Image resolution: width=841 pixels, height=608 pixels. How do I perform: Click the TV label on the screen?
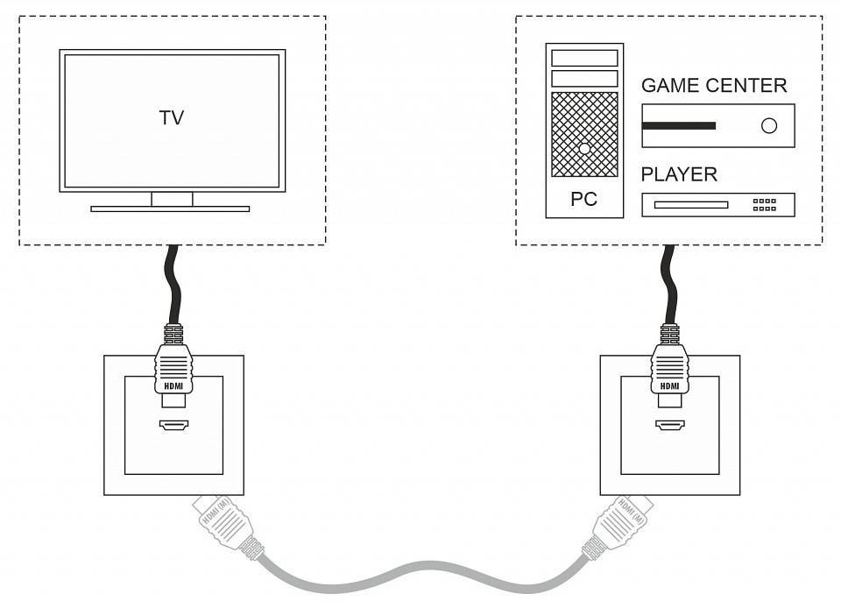tap(172, 117)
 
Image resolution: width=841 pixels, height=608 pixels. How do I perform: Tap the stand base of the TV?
tap(170, 209)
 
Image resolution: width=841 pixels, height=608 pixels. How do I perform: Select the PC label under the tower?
tap(583, 200)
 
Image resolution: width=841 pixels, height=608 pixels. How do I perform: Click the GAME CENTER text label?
tap(714, 85)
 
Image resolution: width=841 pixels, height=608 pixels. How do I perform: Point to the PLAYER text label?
tap(679, 174)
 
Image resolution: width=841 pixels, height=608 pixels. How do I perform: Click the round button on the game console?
tap(769, 125)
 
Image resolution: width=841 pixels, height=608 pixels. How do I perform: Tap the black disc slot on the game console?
tap(679, 126)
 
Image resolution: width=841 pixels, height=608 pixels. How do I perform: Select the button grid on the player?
tap(765, 205)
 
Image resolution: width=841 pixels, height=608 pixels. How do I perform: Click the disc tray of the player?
tap(691, 205)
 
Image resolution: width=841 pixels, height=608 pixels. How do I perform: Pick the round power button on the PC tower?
tap(584, 149)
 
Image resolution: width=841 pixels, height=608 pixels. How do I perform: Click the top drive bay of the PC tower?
tap(584, 58)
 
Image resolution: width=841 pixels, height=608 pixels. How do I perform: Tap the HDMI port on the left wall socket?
tap(173, 426)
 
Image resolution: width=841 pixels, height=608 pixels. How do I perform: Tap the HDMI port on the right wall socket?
tap(669, 426)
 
